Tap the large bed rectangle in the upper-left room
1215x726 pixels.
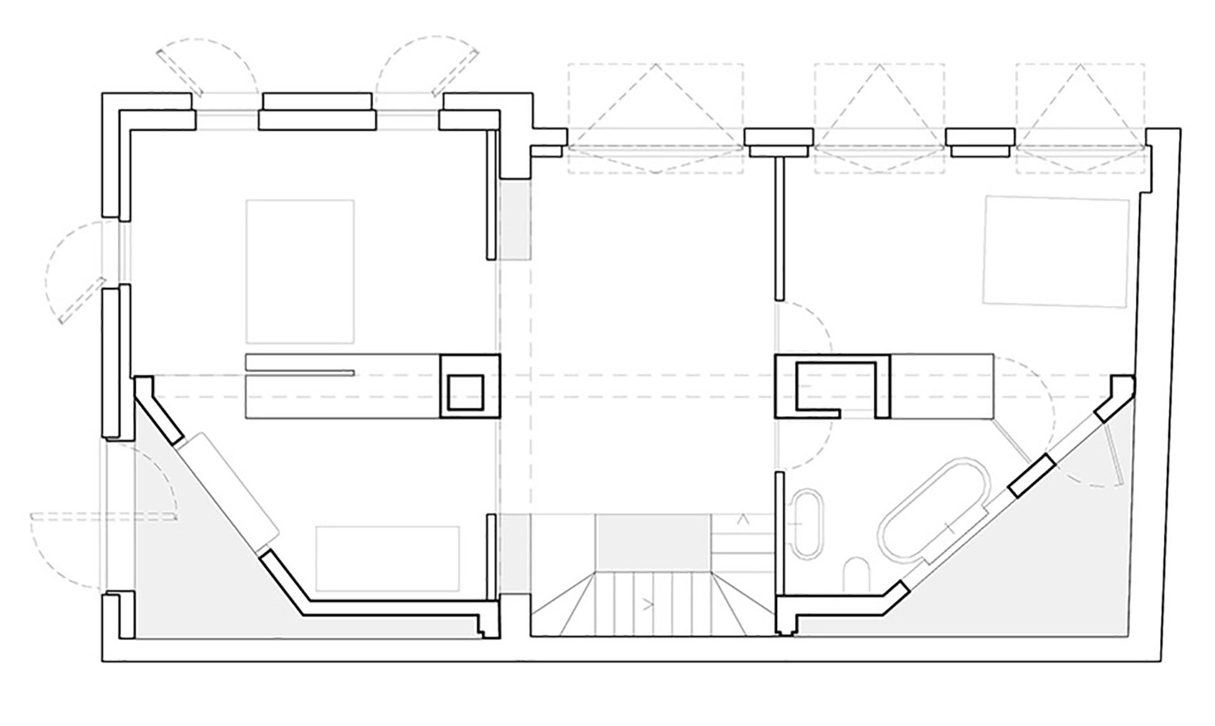(300, 272)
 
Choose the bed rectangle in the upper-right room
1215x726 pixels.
(1056, 251)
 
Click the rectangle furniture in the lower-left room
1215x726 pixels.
(387, 559)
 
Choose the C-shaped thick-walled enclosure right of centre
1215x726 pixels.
(833, 386)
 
